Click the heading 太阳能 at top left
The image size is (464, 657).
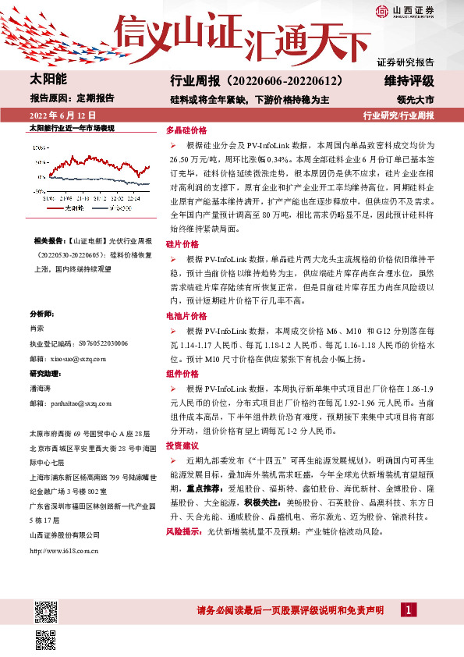[48, 80]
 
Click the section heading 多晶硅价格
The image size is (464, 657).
[186, 131]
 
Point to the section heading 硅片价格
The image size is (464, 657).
[182, 244]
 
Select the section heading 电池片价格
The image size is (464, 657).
[186, 316]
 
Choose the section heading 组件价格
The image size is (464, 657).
[182, 375]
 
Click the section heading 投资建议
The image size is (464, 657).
[182, 445]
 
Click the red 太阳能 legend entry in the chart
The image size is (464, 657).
[70, 208]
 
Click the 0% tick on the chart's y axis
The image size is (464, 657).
[38, 168]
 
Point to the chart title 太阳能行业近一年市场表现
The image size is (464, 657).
[72, 126]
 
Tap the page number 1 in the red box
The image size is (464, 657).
[409, 609]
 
